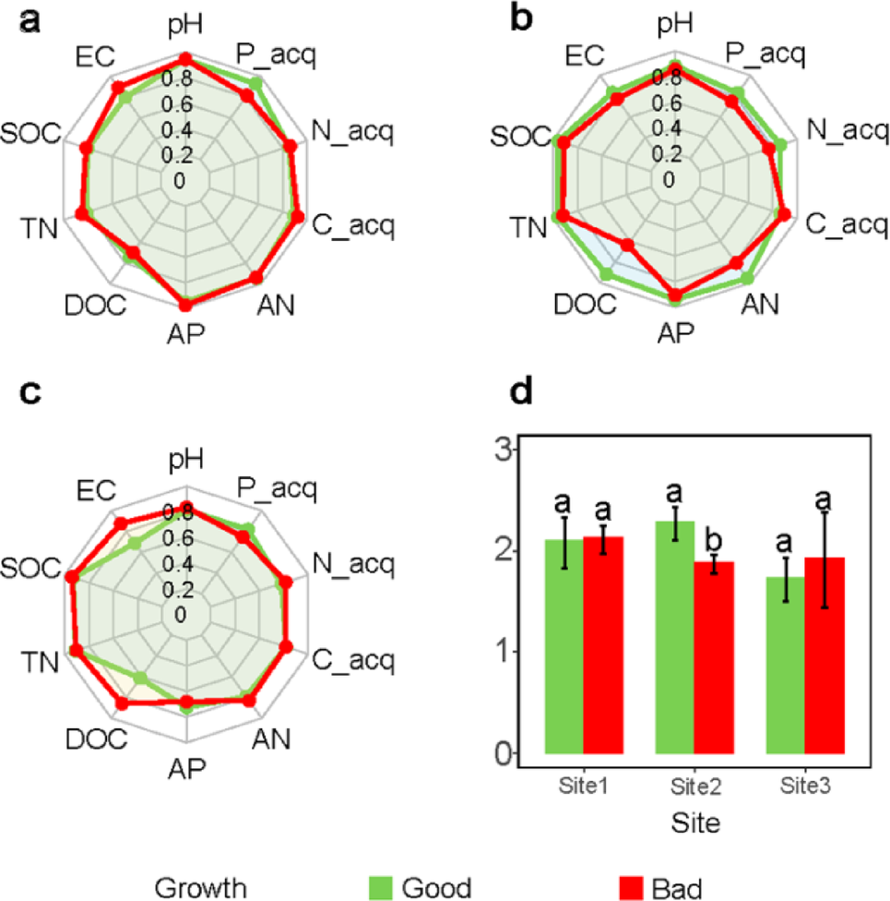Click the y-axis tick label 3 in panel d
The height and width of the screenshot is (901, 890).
pos(503,451)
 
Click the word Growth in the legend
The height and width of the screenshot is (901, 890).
pos(200,887)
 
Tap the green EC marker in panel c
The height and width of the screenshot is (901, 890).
pos(135,543)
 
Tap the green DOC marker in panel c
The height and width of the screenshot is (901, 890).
pos(141,679)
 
